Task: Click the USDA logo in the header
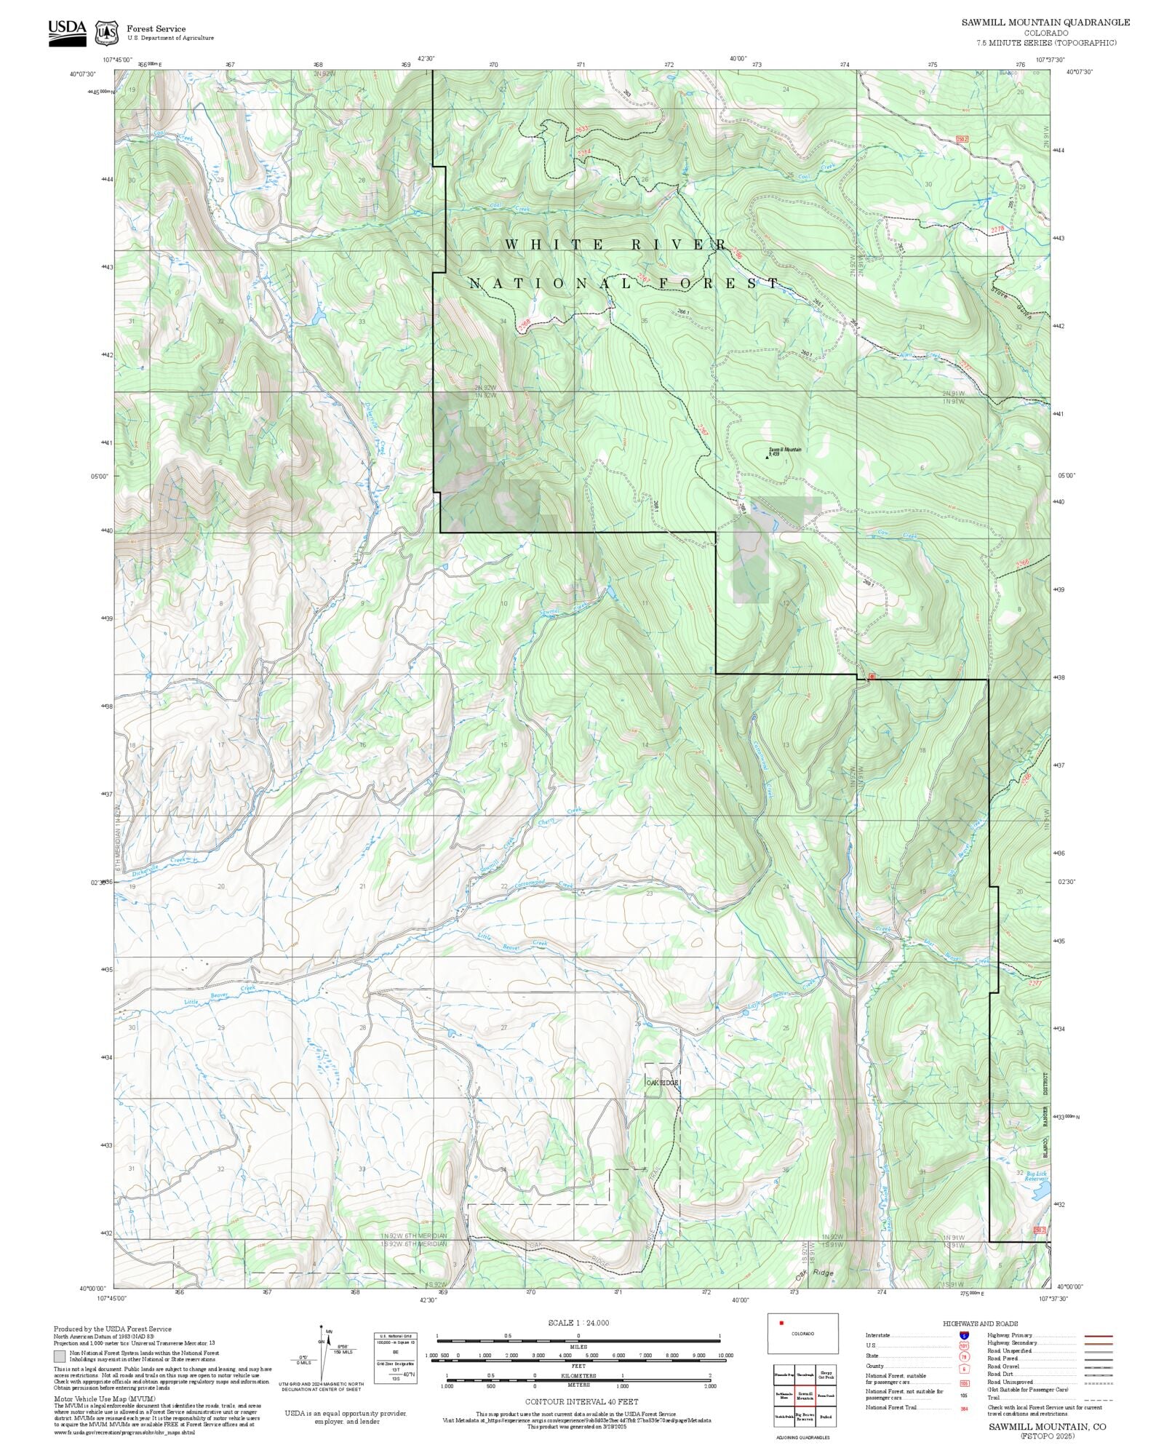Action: coord(67,32)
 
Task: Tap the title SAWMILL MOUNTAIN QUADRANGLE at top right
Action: coord(1045,23)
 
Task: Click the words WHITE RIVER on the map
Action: coord(615,245)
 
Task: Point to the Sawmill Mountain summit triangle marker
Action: coord(767,458)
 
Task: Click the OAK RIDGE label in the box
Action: coord(662,1083)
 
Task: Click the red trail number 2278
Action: coord(997,230)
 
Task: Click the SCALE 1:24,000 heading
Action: coord(578,1323)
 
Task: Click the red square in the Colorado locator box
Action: coord(781,1323)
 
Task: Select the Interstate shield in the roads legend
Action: coord(964,1336)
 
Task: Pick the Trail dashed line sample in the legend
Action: coord(1098,1398)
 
